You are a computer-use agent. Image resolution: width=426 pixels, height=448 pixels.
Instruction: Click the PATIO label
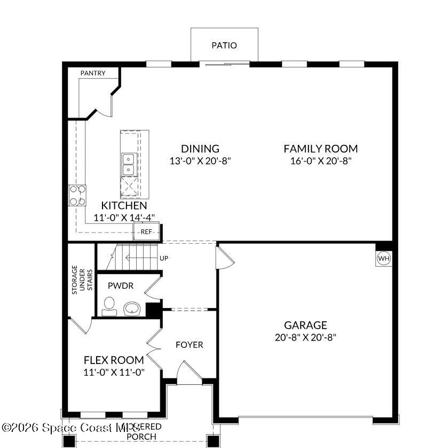pos(224,45)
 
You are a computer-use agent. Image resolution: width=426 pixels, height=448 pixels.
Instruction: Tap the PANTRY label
pos(93,73)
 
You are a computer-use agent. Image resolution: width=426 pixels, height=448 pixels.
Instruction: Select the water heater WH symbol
pos(384,258)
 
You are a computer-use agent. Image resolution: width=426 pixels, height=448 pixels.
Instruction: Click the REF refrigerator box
pos(146,232)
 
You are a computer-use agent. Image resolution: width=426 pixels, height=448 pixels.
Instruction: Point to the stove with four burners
pos(77,195)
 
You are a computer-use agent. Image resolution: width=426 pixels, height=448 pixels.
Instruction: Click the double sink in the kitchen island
pos(129,164)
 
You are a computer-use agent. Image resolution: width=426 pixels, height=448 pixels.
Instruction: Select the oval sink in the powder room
pos(132,308)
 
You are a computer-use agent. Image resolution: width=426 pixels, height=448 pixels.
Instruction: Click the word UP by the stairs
pos(164,258)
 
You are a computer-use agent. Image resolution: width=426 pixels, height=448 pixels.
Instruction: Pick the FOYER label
pos(190,345)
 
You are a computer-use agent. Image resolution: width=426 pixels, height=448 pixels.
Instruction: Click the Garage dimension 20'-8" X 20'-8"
pos(305,337)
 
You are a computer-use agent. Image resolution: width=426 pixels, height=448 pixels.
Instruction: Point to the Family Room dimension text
pos(320,161)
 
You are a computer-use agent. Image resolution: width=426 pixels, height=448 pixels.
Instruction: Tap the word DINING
pos(200,149)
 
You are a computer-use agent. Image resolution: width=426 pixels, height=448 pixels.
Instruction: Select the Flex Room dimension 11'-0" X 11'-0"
pos(114,372)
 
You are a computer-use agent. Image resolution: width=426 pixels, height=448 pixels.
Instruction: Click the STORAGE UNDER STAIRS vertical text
pos(82,278)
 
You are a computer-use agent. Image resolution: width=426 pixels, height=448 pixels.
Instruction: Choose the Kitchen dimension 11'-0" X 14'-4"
pos(124,218)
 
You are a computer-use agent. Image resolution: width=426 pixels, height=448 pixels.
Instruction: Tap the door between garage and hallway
pos(223,258)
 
